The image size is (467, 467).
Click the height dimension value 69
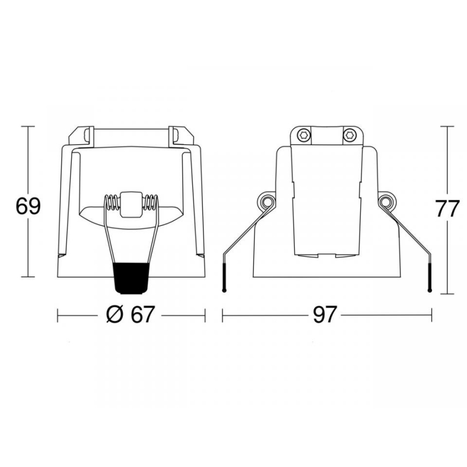point(28,207)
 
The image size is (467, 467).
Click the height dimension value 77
point(448,209)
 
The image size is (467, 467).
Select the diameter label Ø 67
point(130,315)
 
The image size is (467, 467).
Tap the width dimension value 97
point(325,315)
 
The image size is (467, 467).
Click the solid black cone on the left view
point(131,277)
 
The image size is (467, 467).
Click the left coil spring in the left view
point(112,203)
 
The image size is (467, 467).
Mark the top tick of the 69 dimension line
point(28,126)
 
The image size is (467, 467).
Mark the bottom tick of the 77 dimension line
point(448,294)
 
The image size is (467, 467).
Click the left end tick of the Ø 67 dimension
point(58,315)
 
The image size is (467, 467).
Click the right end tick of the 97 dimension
point(431,315)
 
